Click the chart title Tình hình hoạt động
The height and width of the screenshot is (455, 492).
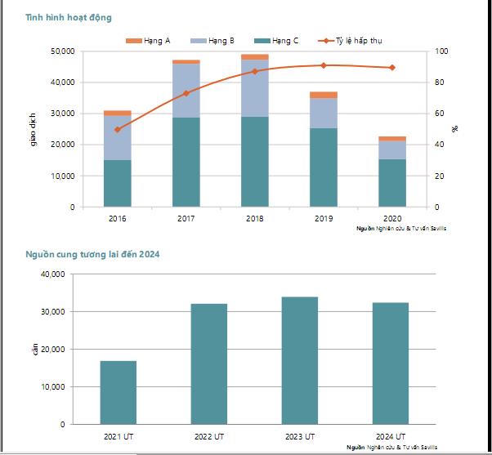point(69,17)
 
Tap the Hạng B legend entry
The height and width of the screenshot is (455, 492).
point(213,40)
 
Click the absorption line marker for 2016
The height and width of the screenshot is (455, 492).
point(118,129)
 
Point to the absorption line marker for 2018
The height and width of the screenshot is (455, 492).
point(255,71)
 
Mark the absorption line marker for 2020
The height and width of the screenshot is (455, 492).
point(392,67)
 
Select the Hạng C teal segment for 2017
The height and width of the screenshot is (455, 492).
point(186,162)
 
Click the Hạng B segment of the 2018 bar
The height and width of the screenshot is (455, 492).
point(255,87)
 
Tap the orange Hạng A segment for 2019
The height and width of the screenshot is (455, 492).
point(324,95)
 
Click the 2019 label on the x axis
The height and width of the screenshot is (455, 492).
point(324,218)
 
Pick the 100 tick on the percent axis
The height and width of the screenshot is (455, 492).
point(442,51)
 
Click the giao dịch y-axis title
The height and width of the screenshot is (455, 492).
point(34,129)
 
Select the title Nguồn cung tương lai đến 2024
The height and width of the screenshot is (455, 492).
point(92,254)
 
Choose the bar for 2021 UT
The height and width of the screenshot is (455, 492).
point(119,392)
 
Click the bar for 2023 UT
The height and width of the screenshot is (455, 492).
point(300,360)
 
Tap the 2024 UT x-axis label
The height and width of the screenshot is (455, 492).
point(391,437)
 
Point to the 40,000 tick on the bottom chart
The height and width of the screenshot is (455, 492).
point(51,274)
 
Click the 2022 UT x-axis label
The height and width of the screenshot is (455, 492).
point(209,437)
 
